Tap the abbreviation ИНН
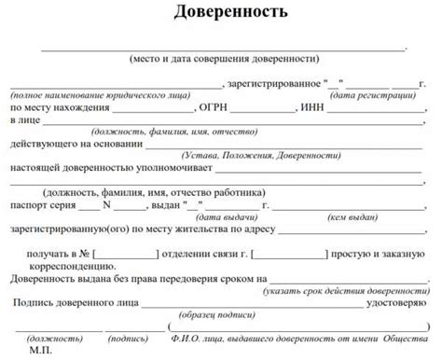[312, 108]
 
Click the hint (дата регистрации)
[371, 96]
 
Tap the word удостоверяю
[396, 302]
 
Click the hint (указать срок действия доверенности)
[345, 290]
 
